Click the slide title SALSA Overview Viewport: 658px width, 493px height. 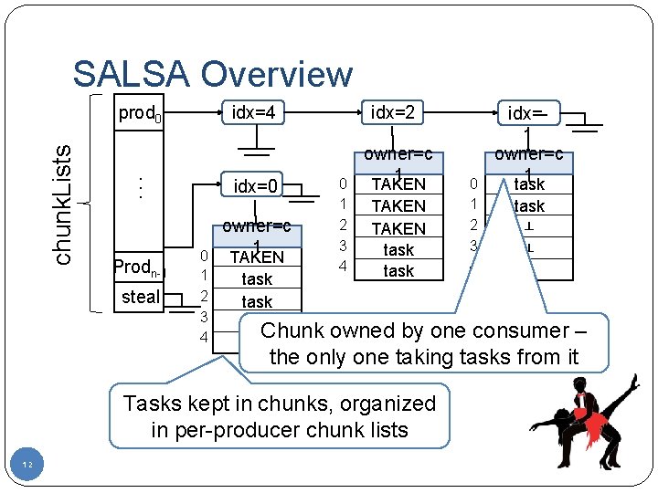(212, 74)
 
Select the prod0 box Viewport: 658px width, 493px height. (140, 114)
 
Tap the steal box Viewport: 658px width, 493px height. (140, 297)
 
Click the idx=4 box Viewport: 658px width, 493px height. (257, 112)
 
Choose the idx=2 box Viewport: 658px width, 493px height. (392, 111)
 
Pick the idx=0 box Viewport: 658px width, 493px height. (257, 186)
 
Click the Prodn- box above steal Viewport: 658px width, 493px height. (140, 267)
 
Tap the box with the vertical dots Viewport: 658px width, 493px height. (140, 186)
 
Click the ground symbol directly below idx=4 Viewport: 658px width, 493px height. (257, 143)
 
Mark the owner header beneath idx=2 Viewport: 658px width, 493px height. (398, 162)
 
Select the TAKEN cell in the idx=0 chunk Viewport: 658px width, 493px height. (257, 257)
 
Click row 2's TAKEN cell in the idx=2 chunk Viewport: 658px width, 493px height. (398, 228)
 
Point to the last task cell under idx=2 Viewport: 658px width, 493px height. (398, 271)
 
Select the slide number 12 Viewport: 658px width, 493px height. (28, 466)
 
